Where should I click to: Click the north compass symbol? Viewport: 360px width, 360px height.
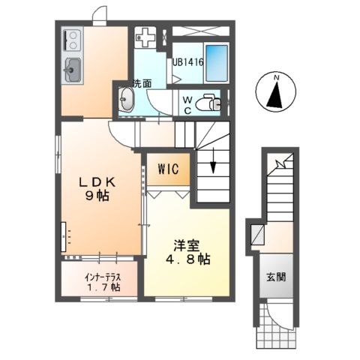277,92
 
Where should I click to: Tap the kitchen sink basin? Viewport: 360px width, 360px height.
73,71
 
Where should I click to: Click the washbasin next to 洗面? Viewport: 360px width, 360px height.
126,101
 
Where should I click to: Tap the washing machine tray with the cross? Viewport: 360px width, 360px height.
146,37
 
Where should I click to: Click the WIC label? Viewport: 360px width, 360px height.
167,169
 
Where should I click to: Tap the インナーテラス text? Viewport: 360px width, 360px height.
99,275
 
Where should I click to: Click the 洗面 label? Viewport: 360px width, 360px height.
142,82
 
